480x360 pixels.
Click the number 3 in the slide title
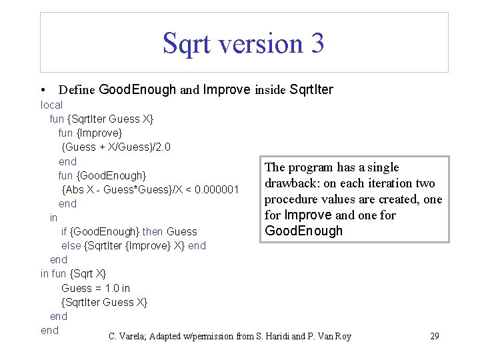pyautogui.click(x=315, y=43)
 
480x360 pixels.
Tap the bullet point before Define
pyautogui.click(x=43, y=90)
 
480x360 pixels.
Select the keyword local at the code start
pyautogui.click(x=51, y=105)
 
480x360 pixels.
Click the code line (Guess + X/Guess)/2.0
pyautogui.click(x=116, y=147)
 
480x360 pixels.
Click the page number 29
pyautogui.click(x=434, y=336)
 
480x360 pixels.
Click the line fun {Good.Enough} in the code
pyautogui.click(x=102, y=175)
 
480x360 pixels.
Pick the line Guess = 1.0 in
pyautogui.click(x=95, y=288)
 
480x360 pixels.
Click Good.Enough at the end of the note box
pyautogui.click(x=303, y=231)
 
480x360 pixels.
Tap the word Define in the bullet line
pyautogui.click(x=77, y=90)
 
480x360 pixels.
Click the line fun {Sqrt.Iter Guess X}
pyautogui.click(x=101, y=119)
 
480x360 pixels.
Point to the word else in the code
pyautogui.click(x=71, y=245)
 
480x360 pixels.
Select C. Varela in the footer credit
pyautogui.click(x=127, y=336)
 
